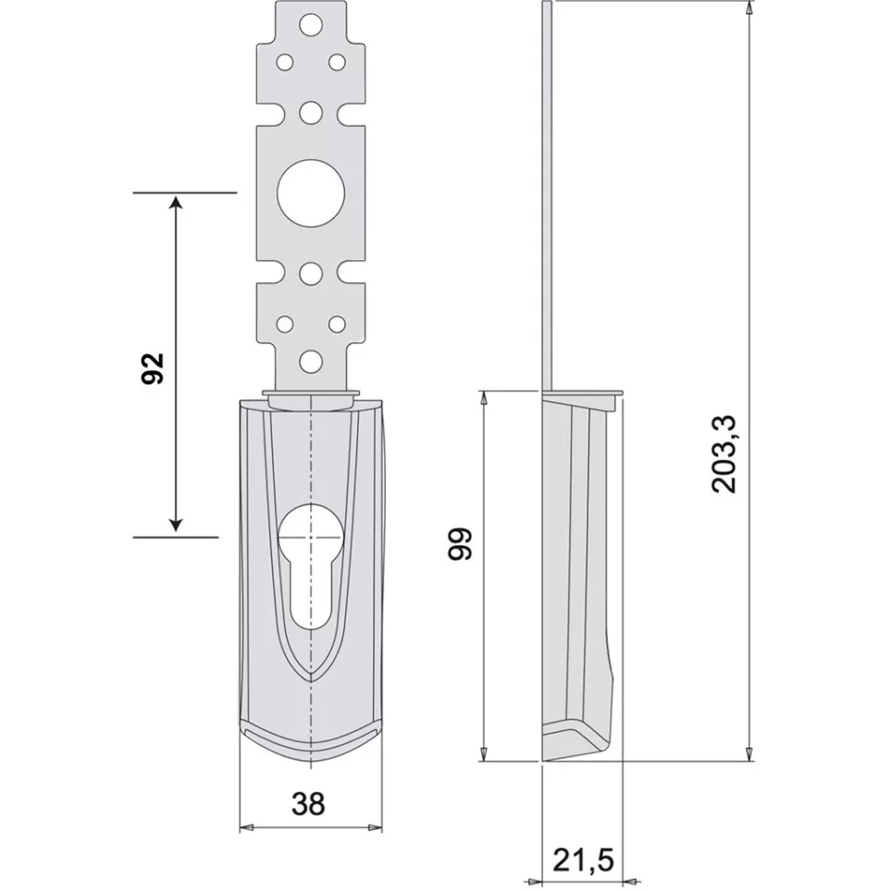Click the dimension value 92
(153, 368)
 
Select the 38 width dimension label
(308, 804)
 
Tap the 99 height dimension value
(461, 544)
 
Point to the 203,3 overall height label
(724, 454)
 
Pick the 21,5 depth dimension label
(583, 859)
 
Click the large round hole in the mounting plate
(311, 193)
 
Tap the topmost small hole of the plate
(311, 26)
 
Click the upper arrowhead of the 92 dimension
(177, 204)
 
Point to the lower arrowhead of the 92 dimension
(177, 525)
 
